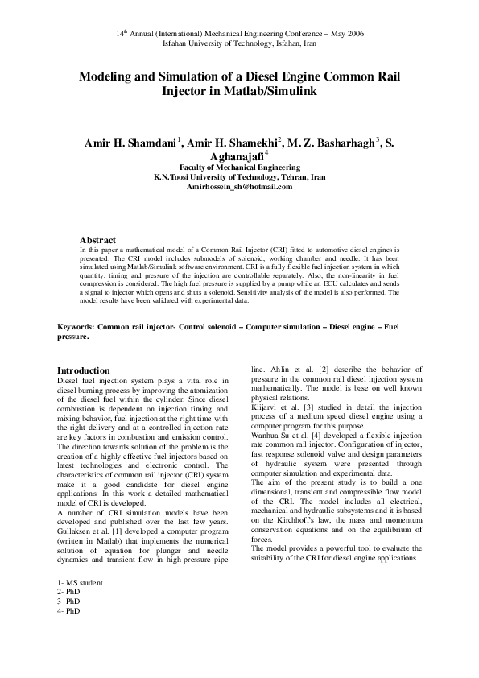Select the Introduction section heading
click(x=85, y=370)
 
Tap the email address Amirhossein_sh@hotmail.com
click(x=239, y=186)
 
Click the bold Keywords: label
click(x=76, y=329)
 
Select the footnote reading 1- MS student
click(x=81, y=582)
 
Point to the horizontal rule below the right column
click(x=364, y=551)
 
